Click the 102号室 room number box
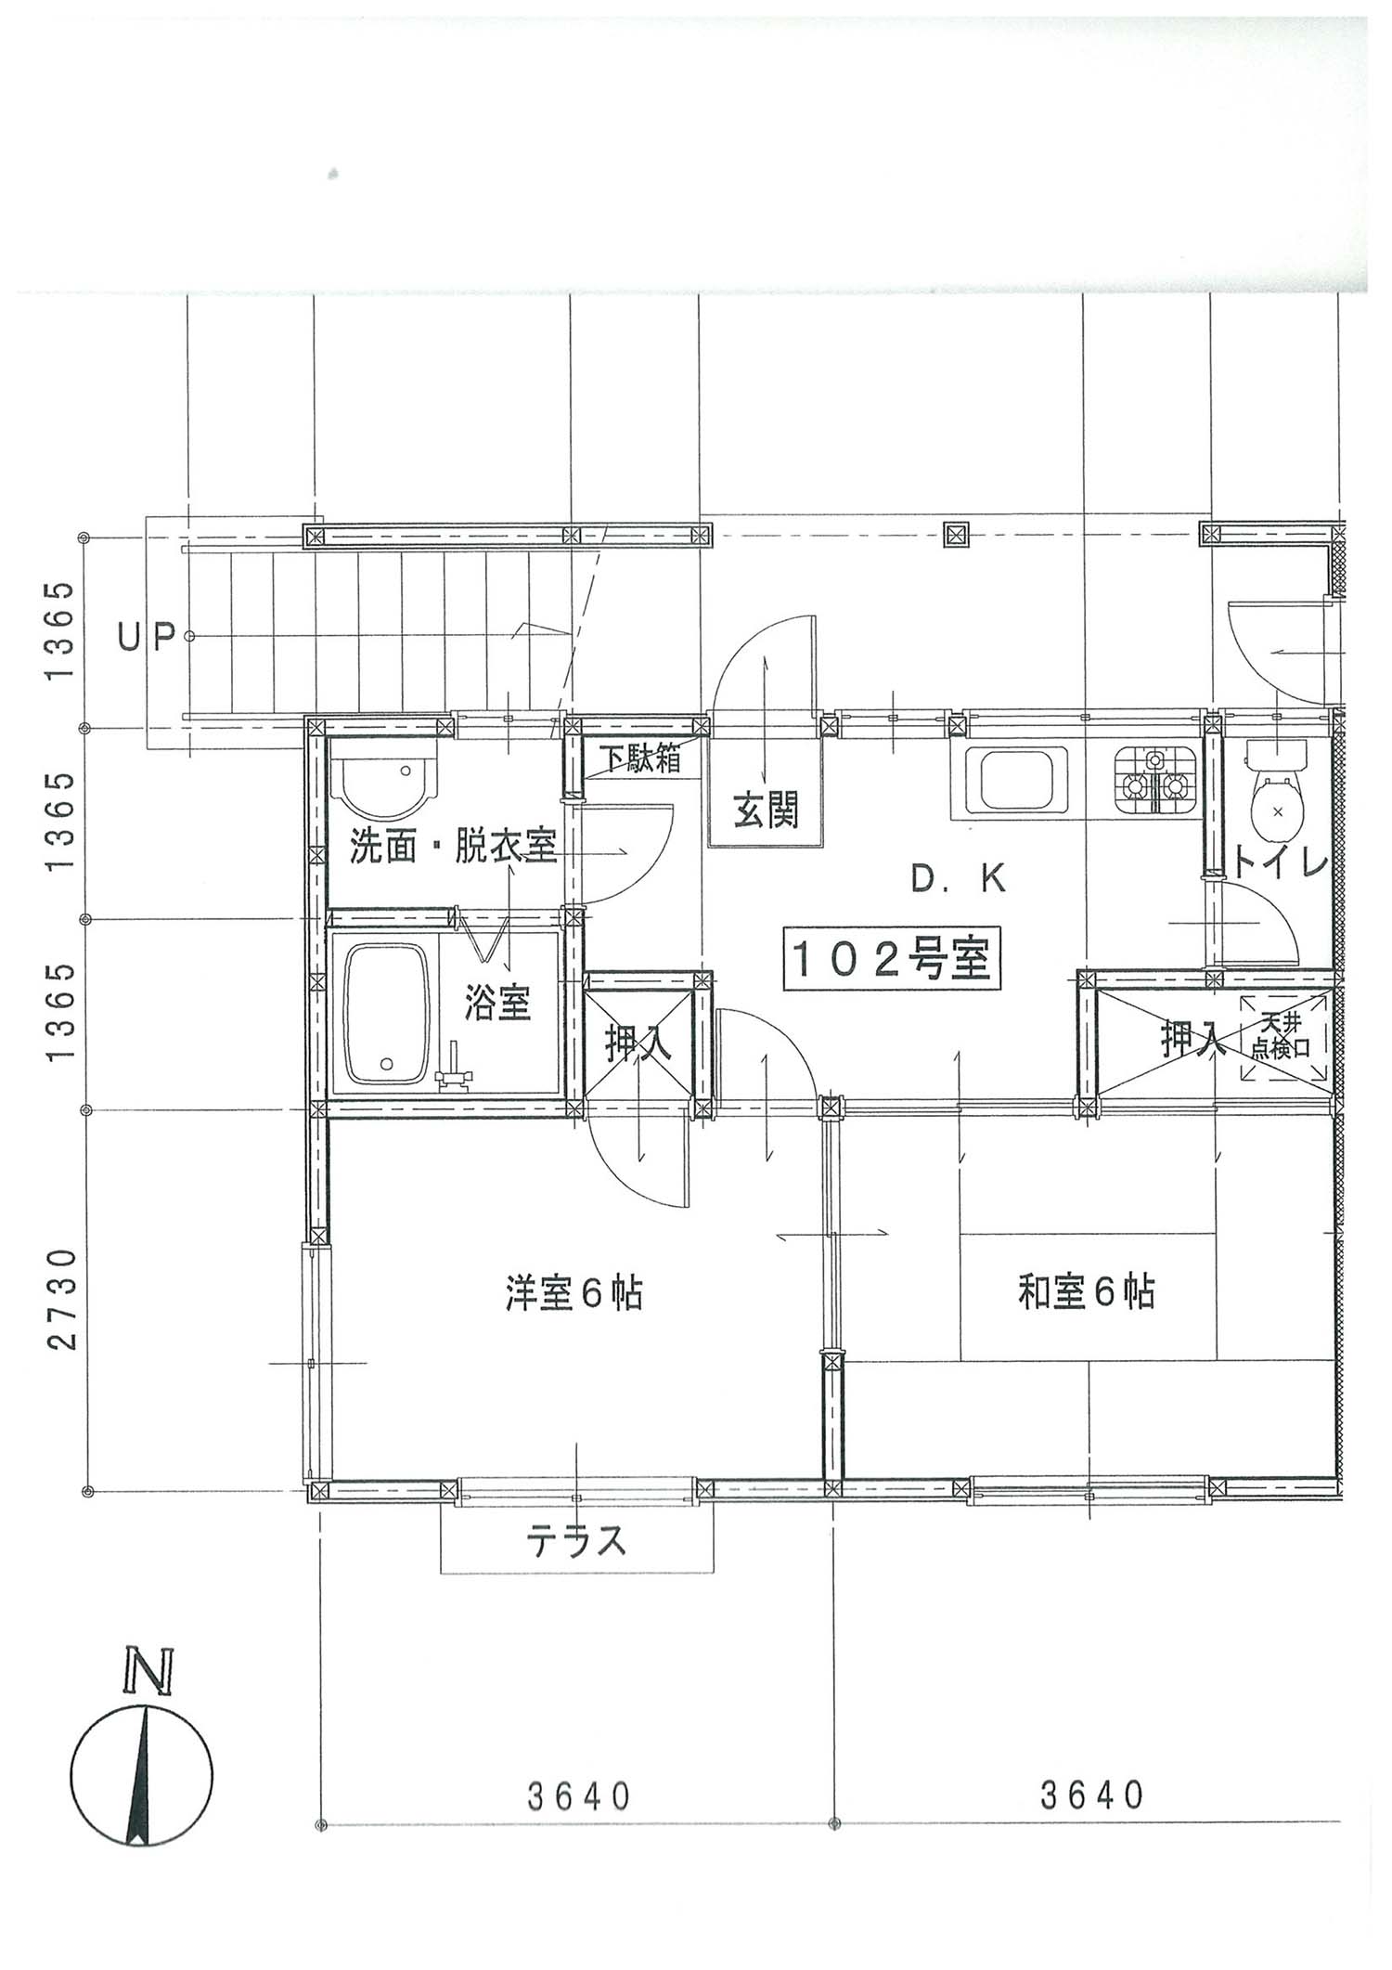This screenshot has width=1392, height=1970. pyautogui.click(x=892, y=959)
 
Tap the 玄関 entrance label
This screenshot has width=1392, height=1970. pyautogui.click(x=766, y=810)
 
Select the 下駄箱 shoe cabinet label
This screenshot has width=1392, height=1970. pyautogui.click(x=639, y=758)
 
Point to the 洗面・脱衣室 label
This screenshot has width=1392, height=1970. pyautogui.click(x=453, y=846)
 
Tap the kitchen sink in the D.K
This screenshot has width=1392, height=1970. pyautogui.click(x=1014, y=781)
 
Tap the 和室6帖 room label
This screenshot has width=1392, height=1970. pyautogui.click(x=1087, y=1292)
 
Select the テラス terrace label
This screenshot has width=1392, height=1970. pyautogui.click(x=576, y=1542)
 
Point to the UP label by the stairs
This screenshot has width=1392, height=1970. pyautogui.click(x=147, y=636)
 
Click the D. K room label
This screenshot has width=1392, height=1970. pyautogui.click(x=959, y=878)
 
